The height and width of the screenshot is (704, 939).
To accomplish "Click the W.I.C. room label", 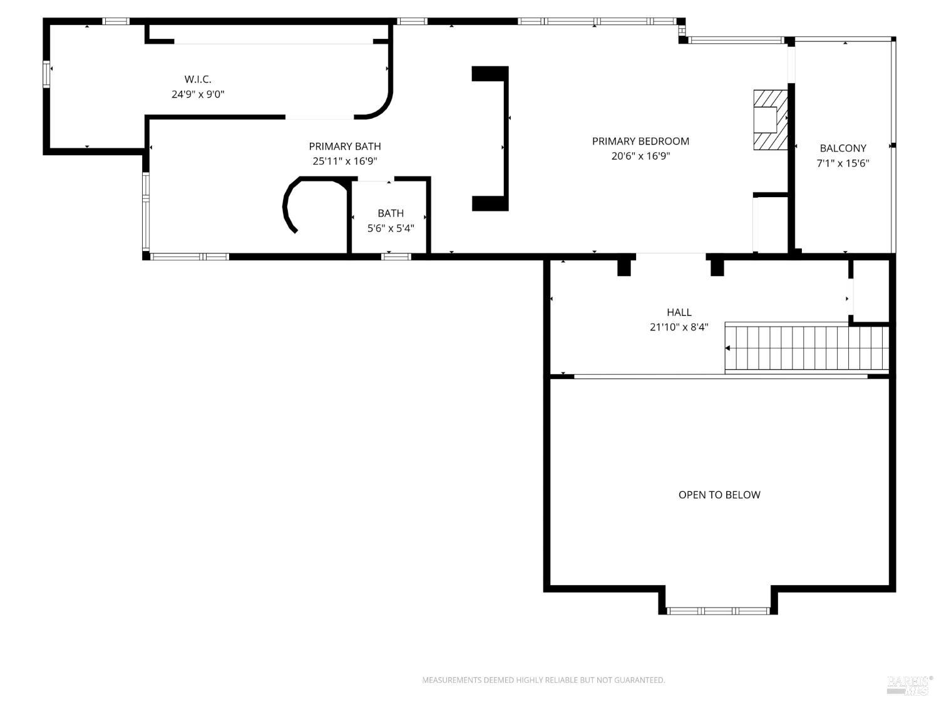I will point(198,79).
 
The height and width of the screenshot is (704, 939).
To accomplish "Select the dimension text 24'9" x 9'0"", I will point(198,94).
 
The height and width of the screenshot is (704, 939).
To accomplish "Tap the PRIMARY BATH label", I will point(344,146).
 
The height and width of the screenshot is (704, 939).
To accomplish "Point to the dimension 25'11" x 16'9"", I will point(344,161).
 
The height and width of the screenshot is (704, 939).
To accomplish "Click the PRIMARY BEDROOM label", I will point(640,141).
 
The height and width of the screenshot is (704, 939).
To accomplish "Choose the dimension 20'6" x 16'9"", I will point(640,156).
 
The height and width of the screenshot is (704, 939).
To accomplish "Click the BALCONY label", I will point(843,148).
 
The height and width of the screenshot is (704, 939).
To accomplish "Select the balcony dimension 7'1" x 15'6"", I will point(843,163).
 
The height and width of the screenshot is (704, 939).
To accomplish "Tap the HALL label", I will point(679,312).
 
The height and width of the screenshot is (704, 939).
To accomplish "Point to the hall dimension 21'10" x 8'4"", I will point(679,327).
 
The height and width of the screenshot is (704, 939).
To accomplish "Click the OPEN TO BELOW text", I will point(719,494).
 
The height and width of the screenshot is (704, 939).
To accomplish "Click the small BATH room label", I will point(390,213).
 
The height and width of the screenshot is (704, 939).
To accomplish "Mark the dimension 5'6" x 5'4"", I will point(390,228).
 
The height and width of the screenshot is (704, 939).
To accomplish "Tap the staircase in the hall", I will point(806,348).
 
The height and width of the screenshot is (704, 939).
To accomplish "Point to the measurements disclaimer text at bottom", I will point(543,680).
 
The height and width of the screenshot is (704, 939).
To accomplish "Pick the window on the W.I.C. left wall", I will point(46,74).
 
